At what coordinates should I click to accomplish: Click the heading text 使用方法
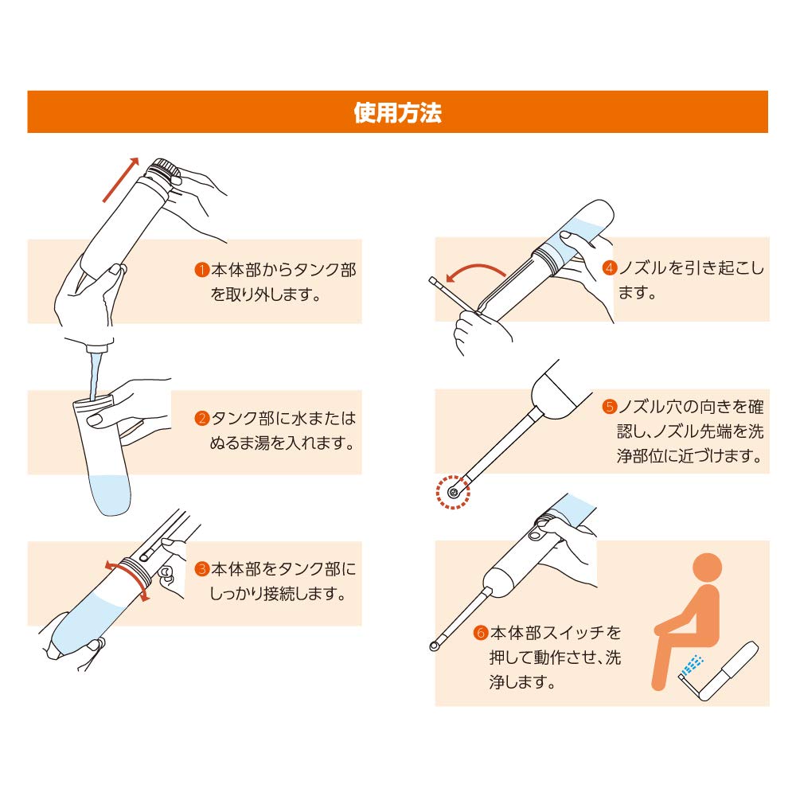(x=397, y=112)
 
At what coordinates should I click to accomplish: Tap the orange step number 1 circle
(x=202, y=271)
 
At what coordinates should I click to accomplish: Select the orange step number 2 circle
(x=202, y=418)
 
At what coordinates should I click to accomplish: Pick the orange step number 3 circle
(x=202, y=569)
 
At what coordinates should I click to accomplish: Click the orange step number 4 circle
(x=610, y=268)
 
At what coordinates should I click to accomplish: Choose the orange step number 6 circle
(x=480, y=634)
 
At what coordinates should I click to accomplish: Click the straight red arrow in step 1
(x=120, y=178)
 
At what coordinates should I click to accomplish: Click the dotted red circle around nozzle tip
(x=453, y=492)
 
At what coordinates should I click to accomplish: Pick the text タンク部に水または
(x=283, y=418)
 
